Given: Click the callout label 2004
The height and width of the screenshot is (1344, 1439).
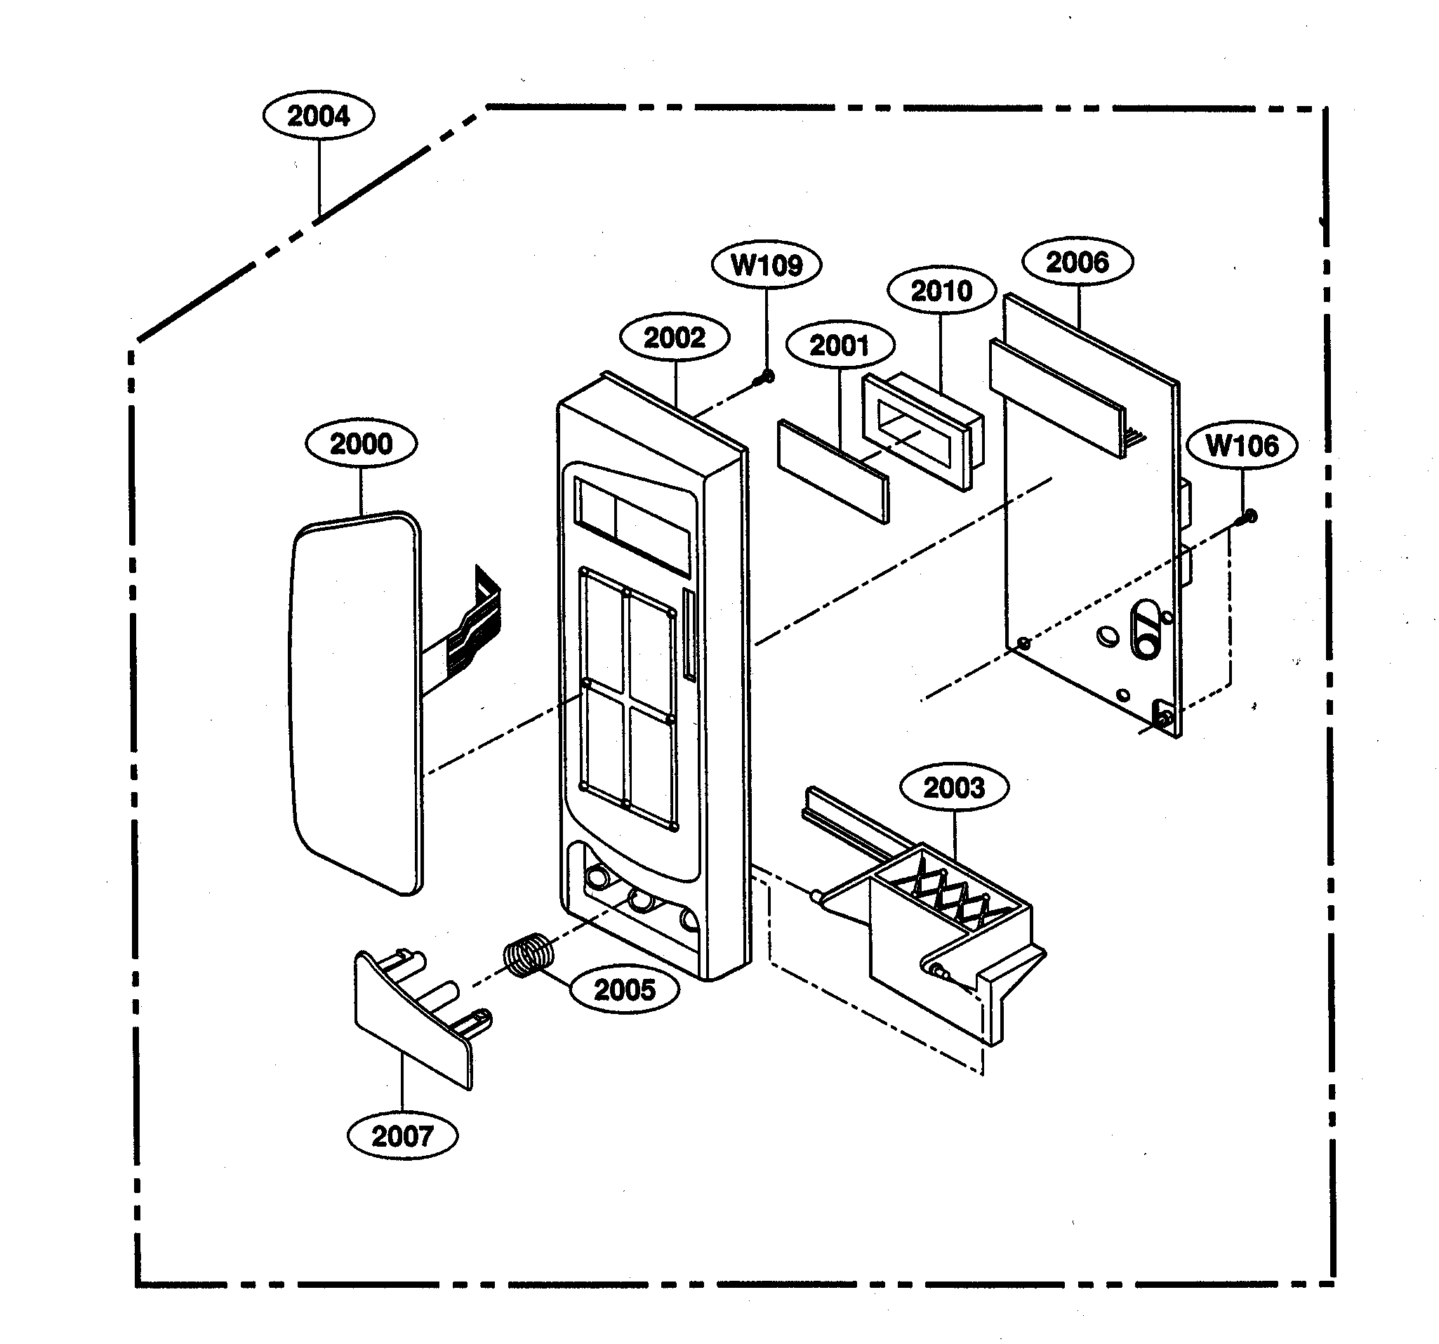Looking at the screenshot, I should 319,116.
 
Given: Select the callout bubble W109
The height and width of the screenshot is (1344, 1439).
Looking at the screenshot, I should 767,265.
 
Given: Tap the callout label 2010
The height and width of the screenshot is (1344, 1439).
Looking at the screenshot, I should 941,291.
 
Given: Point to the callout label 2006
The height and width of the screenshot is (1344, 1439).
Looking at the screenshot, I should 1077,262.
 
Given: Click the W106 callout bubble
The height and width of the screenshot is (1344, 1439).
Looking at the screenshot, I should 1242,445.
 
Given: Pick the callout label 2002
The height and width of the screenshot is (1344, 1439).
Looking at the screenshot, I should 674,338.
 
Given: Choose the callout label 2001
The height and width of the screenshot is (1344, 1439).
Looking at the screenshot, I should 840,345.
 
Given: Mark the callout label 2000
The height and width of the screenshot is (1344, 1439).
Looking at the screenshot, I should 361,443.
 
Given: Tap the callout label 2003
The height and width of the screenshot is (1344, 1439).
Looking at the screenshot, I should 953,787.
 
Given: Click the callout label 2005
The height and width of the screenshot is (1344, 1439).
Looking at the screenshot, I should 624,989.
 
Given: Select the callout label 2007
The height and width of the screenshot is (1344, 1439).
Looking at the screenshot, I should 402,1135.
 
